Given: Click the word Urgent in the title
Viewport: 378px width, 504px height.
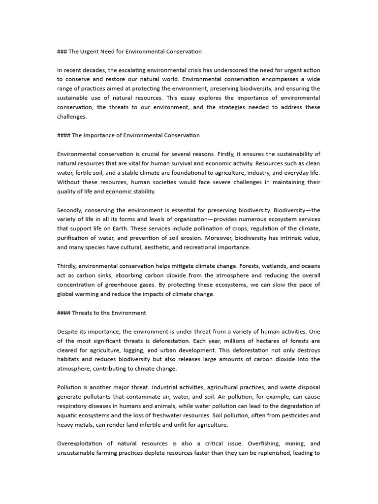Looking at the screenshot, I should pyautogui.click(x=94, y=51).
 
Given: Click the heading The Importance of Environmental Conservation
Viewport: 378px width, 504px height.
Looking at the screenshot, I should pyautogui.click(x=135, y=135).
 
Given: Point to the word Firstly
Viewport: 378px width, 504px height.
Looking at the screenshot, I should pyautogui.click(x=243, y=154).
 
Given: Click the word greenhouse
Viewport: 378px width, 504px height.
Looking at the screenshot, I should pyautogui.click(x=137, y=284).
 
